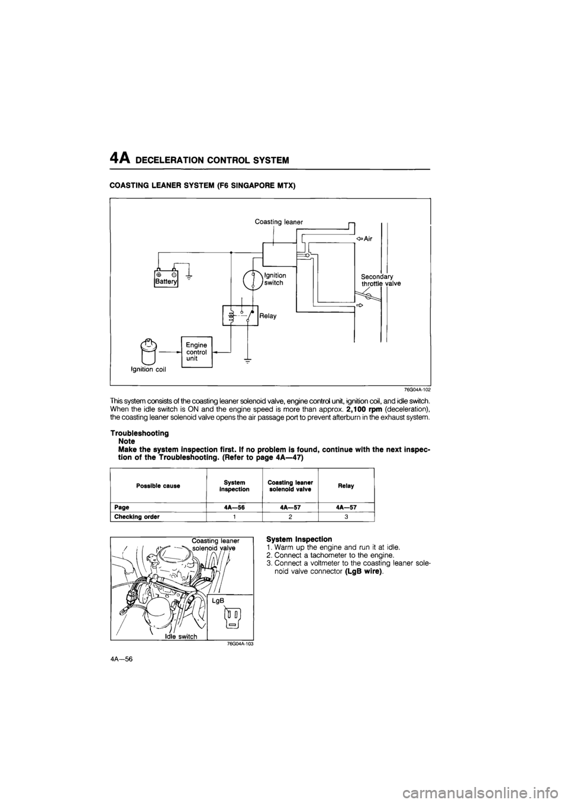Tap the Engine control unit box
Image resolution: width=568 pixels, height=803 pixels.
(x=197, y=352)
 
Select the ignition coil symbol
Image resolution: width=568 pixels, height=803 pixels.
(x=147, y=351)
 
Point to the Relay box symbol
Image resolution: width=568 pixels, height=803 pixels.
(x=240, y=315)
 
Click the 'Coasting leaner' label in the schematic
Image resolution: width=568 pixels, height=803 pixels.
(x=279, y=221)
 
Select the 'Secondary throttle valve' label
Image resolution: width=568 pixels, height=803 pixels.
(x=380, y=279)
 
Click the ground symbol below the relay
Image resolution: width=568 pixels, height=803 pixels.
(x=248, y=362)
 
